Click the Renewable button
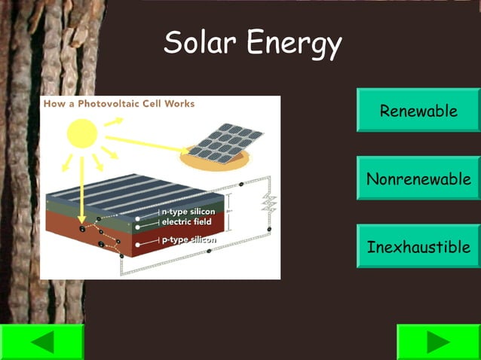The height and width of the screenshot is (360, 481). click(x=418, y=111)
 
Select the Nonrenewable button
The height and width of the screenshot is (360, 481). click(x=418, y=178)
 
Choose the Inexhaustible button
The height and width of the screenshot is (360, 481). click(x=418, y=246)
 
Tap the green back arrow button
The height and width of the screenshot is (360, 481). click(x=41, y=343)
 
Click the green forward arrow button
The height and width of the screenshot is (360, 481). click(x=438, y=343)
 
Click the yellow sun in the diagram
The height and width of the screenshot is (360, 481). click(x=84, y=134)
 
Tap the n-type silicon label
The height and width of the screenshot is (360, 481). click(x=188, y=212)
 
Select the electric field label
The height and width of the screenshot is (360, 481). click(x=186, y=223)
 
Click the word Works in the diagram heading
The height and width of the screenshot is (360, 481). click(x=181, y=104)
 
